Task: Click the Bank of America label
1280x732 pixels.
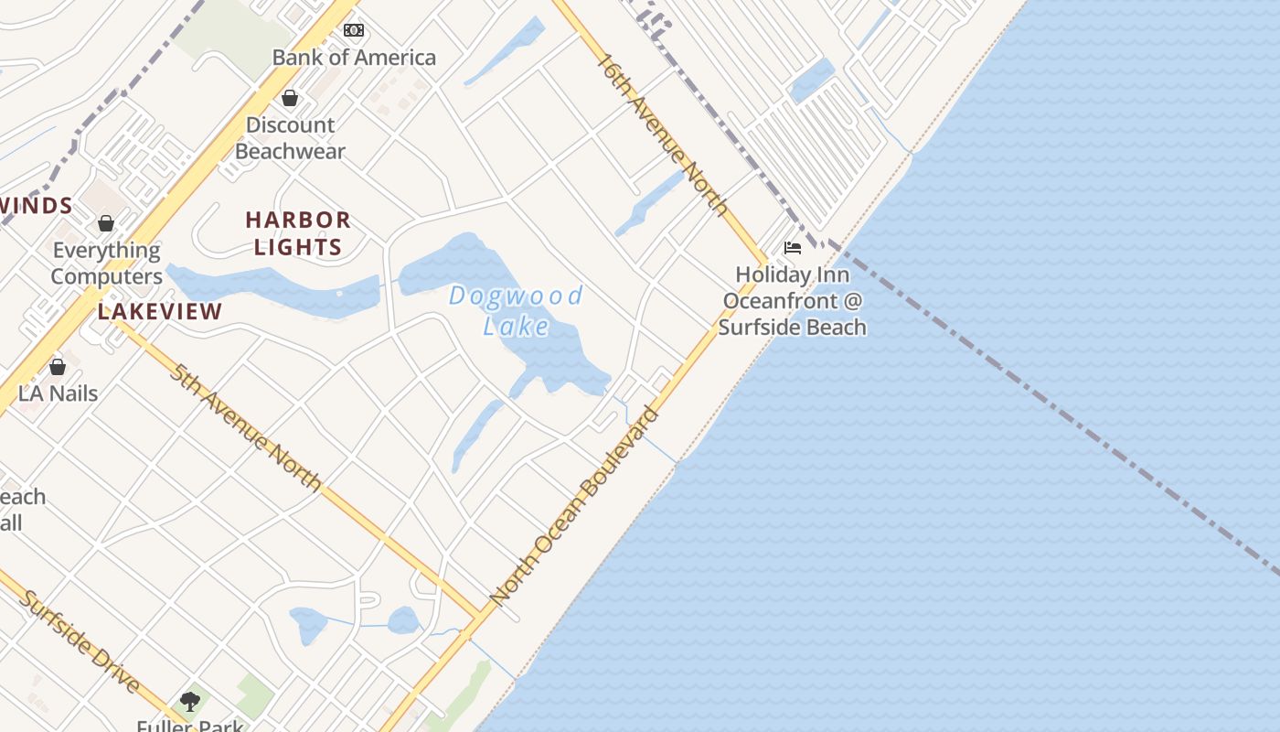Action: [354, 58]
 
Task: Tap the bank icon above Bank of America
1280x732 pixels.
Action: [354, 30]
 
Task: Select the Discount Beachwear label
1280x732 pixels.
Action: [290, 138]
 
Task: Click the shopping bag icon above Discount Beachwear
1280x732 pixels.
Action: [290, 98]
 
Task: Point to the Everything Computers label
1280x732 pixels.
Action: [107, 264]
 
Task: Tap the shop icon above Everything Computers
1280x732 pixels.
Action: [106, 223]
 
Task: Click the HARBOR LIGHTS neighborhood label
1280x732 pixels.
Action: [298, 233]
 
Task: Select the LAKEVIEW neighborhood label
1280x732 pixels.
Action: [160, 311]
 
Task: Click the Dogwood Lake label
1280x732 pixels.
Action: [516, 310]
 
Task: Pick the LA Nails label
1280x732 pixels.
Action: [59, 393]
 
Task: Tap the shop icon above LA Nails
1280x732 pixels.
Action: [58, 367]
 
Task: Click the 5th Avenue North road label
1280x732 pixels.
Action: [245, 427]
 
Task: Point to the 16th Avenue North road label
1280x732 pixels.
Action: [663, 134]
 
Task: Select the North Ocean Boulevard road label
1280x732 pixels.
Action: [574, 505]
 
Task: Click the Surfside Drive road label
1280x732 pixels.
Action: [80, 641]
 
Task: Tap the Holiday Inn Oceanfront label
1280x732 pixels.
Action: [793, 300]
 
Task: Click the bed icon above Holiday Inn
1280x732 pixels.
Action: [793, 248]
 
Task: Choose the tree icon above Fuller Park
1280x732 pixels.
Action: [190, 702]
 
